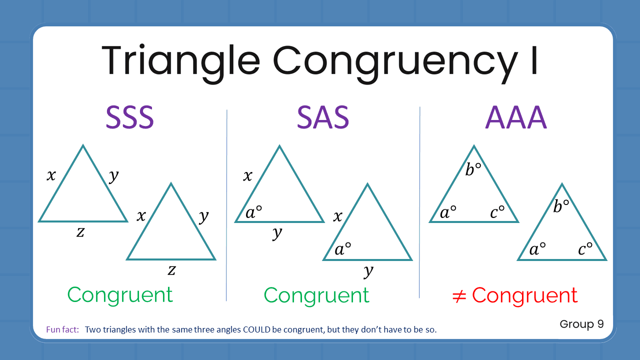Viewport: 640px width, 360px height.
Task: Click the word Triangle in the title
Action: point(180,60)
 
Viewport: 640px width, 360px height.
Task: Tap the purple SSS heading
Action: point(129,118)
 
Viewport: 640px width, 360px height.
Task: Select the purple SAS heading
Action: point(322,118)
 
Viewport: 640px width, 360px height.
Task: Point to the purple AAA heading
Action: point(515,118)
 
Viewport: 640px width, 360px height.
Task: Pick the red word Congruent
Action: point(524,295)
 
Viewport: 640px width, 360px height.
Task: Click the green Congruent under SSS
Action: point(120,295)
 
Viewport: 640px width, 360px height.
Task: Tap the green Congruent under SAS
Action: point(316,295)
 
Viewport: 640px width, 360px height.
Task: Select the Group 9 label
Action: point(581,324)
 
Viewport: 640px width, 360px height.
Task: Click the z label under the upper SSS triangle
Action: point(80,231)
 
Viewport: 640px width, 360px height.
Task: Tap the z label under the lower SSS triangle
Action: point(171,270)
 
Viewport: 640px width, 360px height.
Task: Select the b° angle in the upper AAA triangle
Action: point(473,170)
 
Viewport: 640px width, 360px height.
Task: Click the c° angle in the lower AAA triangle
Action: point(585,248)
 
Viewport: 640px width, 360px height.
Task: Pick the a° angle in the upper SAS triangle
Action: point(253,213)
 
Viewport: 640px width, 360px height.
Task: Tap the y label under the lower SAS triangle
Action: point(368,271)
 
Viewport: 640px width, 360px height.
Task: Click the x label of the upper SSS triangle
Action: point(51,175)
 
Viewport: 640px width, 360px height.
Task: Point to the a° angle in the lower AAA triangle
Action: point(537,248)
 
